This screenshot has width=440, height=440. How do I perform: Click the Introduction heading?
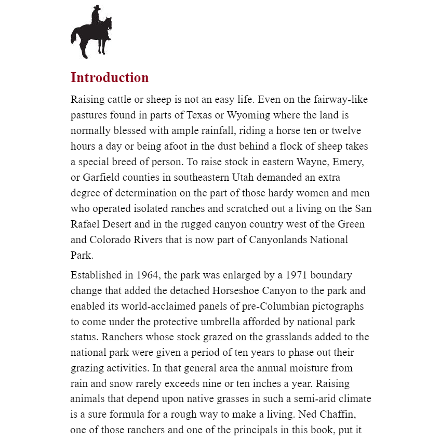point(110,78)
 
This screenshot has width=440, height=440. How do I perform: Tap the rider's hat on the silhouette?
point(96,8)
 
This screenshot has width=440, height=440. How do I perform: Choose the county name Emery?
point(350,162)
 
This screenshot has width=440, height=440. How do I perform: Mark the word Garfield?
point(102,177)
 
